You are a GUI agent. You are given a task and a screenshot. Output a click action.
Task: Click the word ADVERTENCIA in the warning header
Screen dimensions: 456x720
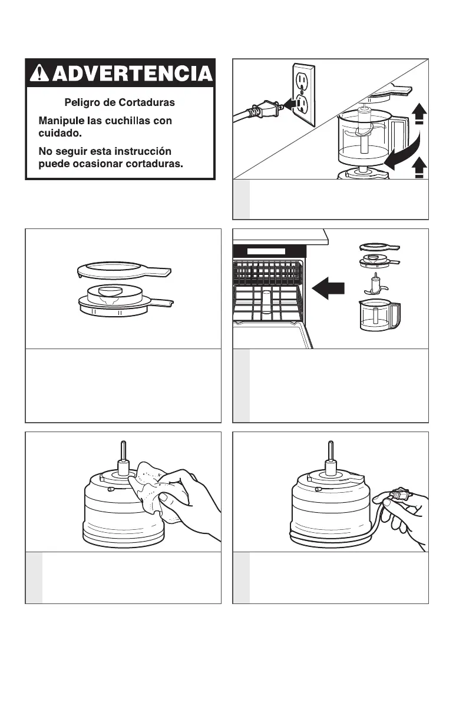tap(133, 73)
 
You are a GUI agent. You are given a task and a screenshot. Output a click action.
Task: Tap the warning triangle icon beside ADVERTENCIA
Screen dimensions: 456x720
tap(39, 72)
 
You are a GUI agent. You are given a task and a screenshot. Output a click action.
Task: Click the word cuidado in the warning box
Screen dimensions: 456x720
tap(60, 132)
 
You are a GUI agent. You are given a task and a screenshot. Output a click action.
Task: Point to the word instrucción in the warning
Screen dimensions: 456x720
tap(143, 151)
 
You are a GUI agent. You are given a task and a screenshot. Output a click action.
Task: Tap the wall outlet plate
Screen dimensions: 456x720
tap(303, 95)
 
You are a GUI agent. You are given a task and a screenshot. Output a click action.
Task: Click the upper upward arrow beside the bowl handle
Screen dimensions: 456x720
tap(419, 114)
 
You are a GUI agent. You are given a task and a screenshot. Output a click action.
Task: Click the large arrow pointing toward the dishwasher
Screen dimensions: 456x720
tap(328, 288)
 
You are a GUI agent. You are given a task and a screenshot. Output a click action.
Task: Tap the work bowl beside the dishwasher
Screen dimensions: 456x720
tap(379, 315)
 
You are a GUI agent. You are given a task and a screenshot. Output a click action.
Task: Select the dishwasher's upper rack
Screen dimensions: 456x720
tap(268, 273)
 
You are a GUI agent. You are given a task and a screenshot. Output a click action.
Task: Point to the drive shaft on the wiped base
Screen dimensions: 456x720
tap(124, 459)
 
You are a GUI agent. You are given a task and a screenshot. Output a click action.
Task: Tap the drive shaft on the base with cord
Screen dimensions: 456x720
tap(331, 459)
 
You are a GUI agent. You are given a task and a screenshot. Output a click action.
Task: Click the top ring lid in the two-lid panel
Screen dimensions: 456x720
tap(124, 270)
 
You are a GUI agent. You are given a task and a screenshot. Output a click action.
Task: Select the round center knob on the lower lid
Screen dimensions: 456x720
tap(111, 291)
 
